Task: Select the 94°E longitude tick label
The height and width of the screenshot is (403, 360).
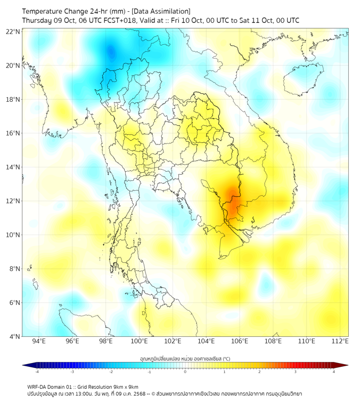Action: click(39, 341)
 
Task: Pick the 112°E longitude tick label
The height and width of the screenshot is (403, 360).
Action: click(340, 341)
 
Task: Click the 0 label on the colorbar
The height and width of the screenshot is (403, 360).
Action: click(185, 372)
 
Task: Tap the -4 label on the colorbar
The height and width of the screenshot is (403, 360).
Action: click(36, 372)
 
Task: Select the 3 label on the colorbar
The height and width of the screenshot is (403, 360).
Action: click(296, 372)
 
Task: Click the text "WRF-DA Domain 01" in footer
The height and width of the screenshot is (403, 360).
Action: click(51, 386)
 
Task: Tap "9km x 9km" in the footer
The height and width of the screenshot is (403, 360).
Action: click(125, 386)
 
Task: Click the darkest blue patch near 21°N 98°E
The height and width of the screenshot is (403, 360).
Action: click(111, 52)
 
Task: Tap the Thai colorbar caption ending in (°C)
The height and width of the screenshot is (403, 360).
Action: click(185, 359)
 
